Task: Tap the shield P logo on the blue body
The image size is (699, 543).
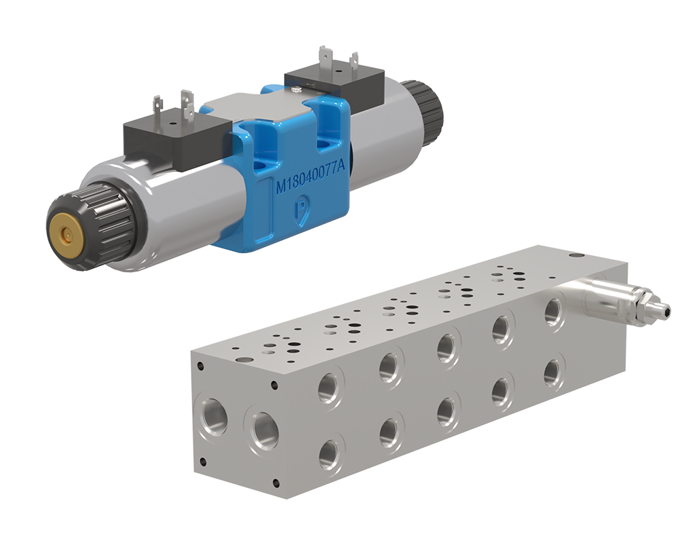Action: click(299, 211)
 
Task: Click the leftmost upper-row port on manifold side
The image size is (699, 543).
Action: click(330, 388)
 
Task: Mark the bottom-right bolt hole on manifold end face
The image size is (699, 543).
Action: click(275, 483)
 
